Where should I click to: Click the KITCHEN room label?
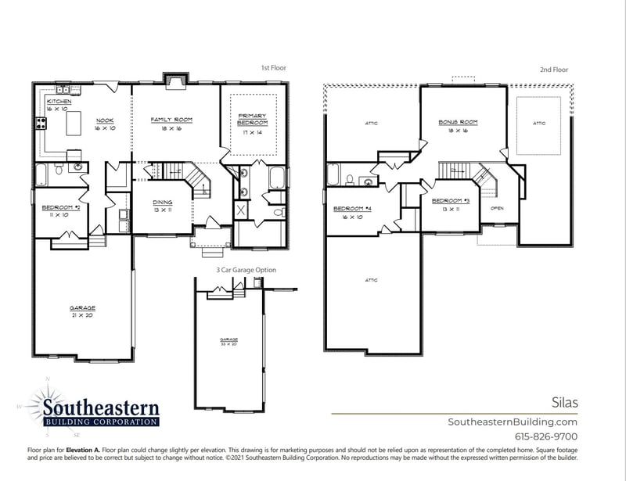pos(59,102)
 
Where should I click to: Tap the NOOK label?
pos(105,120)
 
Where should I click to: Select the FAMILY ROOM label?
pos(171,120)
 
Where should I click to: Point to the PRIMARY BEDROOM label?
pos(252,119)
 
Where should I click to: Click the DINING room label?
pos(162,203)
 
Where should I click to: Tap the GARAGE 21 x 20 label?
pos(81,308)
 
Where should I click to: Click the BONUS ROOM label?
pos(458,123)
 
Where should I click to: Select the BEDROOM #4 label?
pos(347,209)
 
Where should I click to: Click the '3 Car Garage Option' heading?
pos(246,270)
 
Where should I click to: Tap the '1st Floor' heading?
pos(273,68)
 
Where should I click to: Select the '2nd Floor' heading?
pos(553,70)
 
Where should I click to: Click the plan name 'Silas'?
pos(563,402)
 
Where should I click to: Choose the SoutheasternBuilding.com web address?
pos(512,422)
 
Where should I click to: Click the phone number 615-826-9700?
pos(545,436)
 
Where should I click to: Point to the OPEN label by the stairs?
pos(497,209)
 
